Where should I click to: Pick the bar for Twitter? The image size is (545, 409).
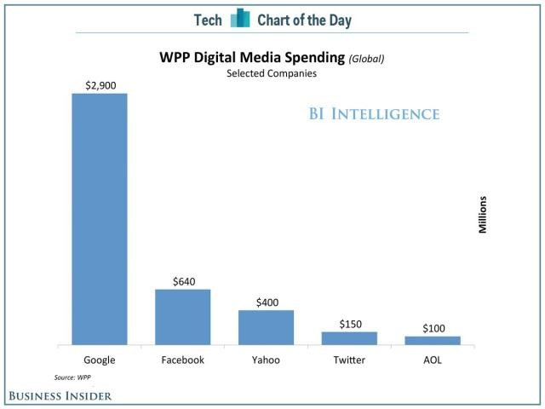349,338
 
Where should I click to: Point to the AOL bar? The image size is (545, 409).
433,340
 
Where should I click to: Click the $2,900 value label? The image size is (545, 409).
100,85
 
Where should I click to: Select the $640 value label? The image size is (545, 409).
182,281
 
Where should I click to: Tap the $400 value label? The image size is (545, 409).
266,302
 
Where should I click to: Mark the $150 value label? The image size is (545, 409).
349,324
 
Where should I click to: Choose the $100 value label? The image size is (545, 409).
433,328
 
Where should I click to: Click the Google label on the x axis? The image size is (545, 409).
100,360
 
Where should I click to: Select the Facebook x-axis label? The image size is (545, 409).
182,360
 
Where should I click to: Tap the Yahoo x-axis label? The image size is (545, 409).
266,360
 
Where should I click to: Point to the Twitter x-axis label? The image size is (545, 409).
349,360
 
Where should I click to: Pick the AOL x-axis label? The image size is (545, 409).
433,360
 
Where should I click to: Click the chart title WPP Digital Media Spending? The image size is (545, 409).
251,58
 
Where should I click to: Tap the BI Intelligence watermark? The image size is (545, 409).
375,114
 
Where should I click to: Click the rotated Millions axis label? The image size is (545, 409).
482,216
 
